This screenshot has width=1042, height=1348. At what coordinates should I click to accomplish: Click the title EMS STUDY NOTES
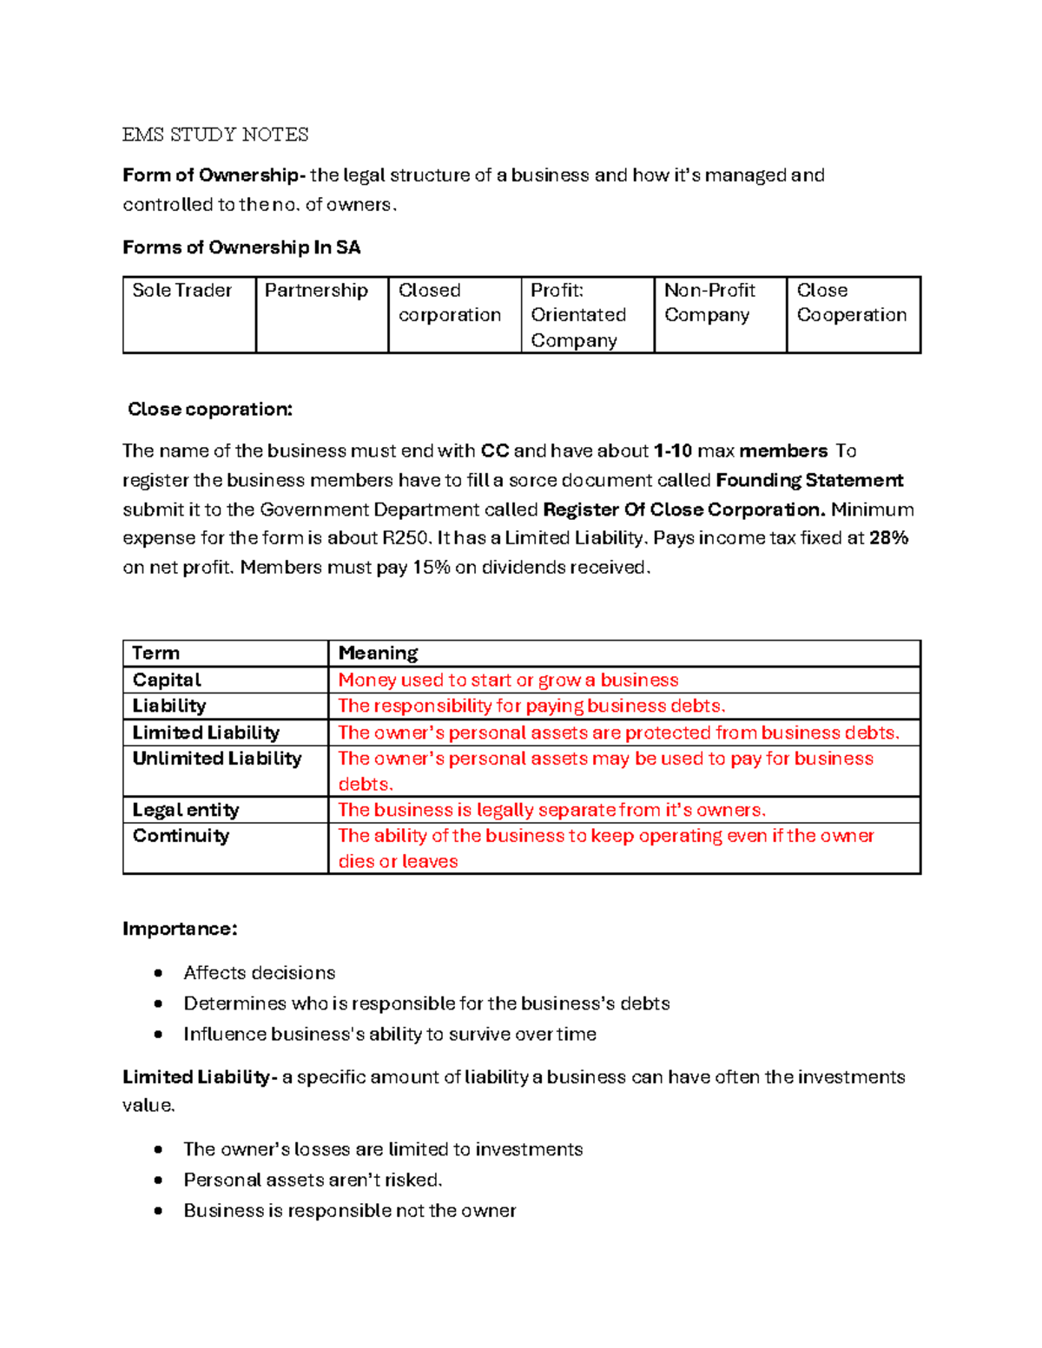pyautogui.click(x=215, y=135)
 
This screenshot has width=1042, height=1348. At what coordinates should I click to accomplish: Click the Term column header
pyautogui.click(x=156, y=654)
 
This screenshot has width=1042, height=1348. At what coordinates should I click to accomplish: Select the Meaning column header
pyautogui.click(x=378, y=654)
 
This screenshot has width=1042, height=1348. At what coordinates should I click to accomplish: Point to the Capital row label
pyautogui.click(x=167, y=681)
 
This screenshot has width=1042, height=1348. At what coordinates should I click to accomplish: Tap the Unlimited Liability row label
pyautogui.click(x=217, y=759)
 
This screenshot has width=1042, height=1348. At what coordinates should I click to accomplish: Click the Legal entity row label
pyautogui.click(x=186, y=811)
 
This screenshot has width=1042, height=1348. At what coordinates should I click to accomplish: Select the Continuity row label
pyautogui.click(x=181, y=836)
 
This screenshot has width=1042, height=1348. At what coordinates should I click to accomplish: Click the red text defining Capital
pyautogui.click(x=508, y=681)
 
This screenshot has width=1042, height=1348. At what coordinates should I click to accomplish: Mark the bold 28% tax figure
pyautogui.click(x=888, y=538)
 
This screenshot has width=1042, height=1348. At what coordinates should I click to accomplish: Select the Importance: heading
pyautogui.click(x=180, y=930)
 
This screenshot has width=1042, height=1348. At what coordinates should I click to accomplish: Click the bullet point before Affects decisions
pyautogui.click(x=158, y=973)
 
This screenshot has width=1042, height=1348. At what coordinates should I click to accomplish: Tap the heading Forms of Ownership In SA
pyautogui.click(x=241, y=248)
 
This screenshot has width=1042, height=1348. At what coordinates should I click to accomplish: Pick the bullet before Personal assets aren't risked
pyautogui.click(x=158, y=1180)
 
